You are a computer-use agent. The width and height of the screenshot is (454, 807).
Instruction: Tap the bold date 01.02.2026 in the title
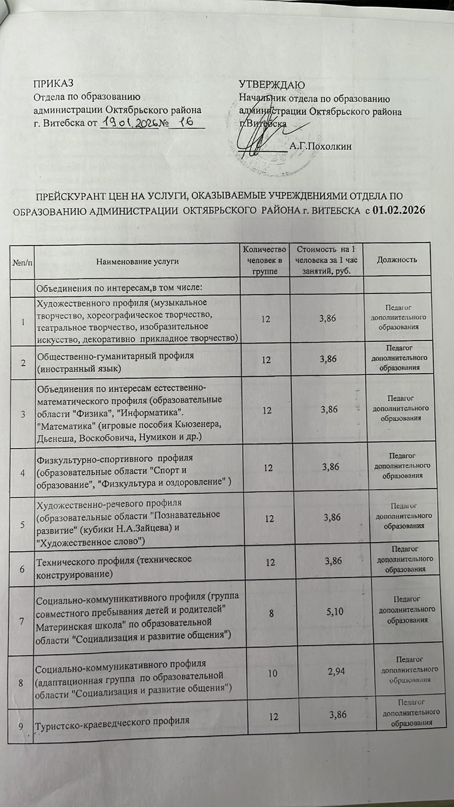[x=398, y=210]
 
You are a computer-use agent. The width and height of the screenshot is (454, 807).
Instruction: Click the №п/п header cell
[x=22, y=261]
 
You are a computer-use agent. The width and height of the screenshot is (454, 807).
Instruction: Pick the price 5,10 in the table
[x=334, y=612]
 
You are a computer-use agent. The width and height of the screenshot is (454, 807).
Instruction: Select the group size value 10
[x=272, y=673]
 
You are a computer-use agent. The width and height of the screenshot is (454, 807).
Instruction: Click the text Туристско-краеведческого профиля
[x=112, y=720]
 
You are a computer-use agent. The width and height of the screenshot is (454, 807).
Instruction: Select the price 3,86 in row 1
[x=327, y=319]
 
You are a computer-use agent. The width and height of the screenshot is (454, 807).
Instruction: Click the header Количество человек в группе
[x=264, y=260]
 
